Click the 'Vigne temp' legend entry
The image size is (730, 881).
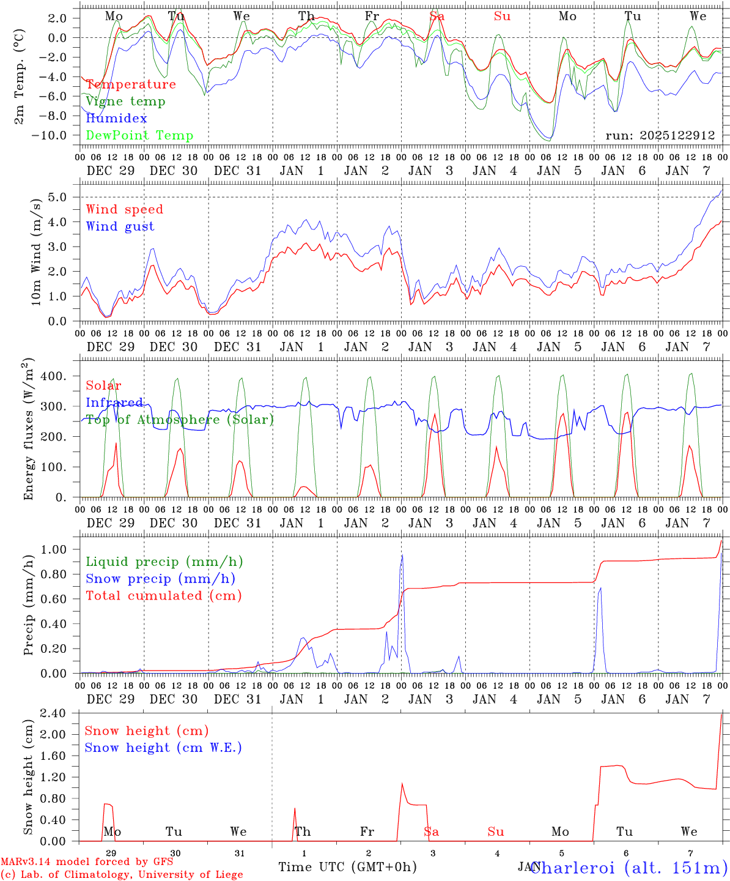(x=125, y=102)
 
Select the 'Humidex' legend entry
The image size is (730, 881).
(x=116, y=119)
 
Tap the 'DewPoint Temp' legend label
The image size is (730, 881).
(x=139, y=136)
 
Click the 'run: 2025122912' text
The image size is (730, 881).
(x=660, y=136)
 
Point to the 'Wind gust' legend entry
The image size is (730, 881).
(x=120, y=226)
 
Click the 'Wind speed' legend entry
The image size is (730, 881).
(x=125, y=209)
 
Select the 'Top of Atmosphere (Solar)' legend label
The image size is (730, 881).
(x=180, y=420)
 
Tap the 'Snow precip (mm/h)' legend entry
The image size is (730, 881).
(x=160, y=579)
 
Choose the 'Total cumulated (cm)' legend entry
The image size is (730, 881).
(x=163, y=596)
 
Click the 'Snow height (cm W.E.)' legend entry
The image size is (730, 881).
(x=163, y=748)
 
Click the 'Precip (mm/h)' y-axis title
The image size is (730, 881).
(x=28, y=604)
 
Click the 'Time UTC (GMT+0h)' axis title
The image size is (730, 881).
(x=348, y=867)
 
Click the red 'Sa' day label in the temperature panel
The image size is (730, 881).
(x=437, y=17)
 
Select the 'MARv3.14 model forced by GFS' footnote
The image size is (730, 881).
(x=86, y=862)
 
